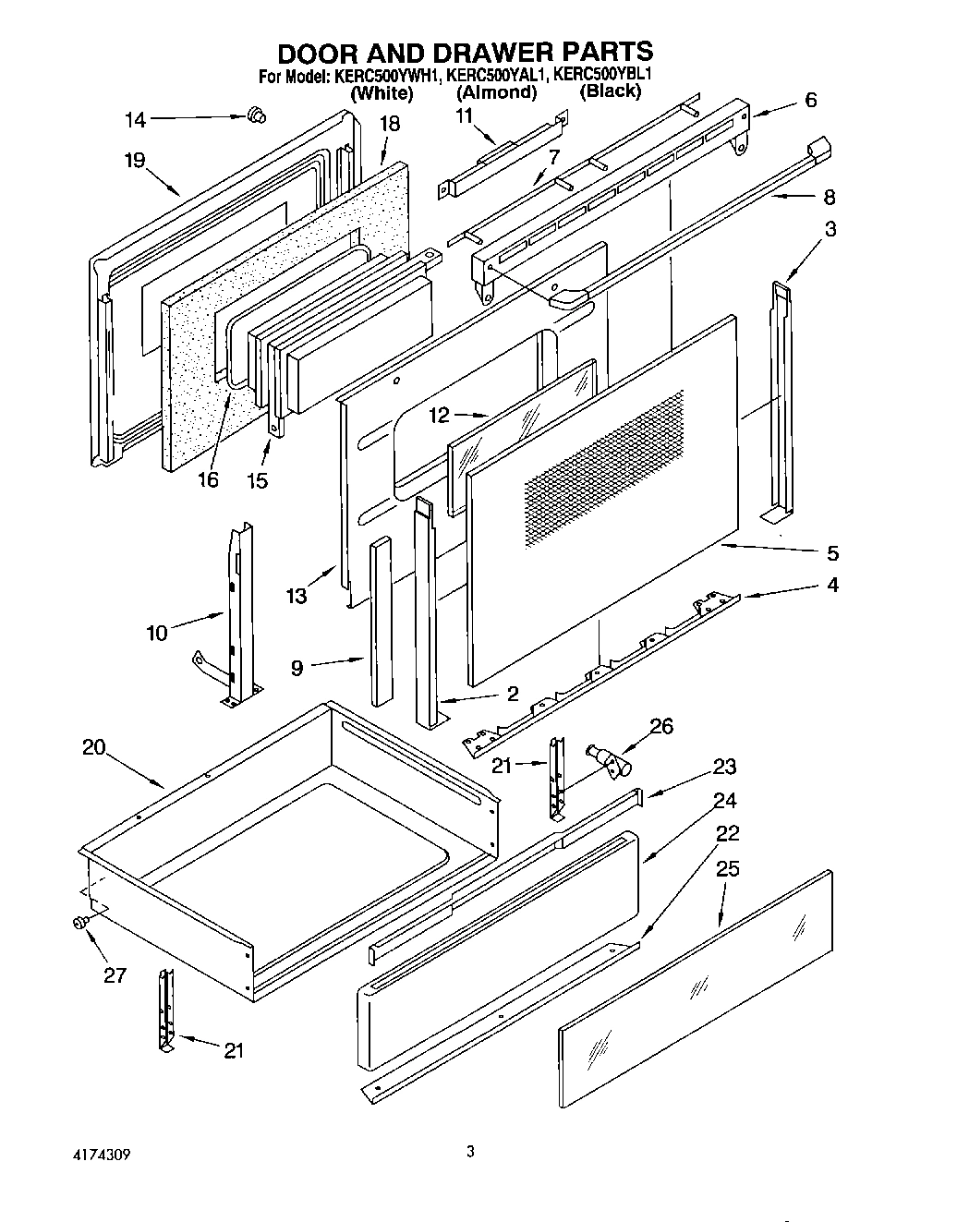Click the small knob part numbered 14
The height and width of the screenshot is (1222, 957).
257,115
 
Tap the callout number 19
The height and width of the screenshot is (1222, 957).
135,161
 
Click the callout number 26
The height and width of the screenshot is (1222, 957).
662,727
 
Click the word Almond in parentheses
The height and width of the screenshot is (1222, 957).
496,92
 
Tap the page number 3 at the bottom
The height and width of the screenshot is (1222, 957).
470,1151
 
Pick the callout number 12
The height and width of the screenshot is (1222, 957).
439,416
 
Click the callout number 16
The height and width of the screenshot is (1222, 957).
209,480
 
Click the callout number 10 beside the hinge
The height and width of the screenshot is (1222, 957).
157,633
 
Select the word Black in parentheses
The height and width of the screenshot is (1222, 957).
610,91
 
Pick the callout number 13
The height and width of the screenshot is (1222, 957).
296,596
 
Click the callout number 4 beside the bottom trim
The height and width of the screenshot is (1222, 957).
832,585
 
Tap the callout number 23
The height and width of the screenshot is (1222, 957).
724,766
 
